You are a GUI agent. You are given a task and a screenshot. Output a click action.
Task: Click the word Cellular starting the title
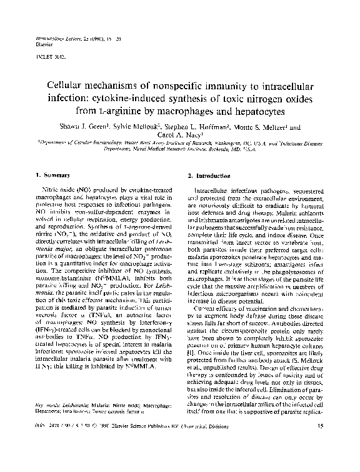tap(67, 84)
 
